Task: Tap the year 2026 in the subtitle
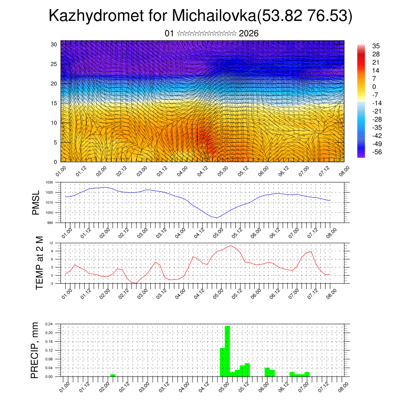pyautogui.click(x=249, y=33)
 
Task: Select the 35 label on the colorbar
pyautogui.click(x=376, y=46)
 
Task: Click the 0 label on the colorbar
pyautogui.click(x=374, y=87)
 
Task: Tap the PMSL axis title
pyautogui.click(x=36, y=203)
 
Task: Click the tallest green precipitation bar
pyautogui.click(x=227, y=351)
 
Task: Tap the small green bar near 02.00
pyautogui.click(x=113, y=375)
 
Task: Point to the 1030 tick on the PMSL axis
pyautogui.click(x=49, y=182)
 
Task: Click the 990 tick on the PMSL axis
pyautogui.click(x=50, y=223)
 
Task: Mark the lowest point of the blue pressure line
pyautogui.click(x=216, y=218)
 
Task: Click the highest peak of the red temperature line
pyautogui.click(x=231, y=246)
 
